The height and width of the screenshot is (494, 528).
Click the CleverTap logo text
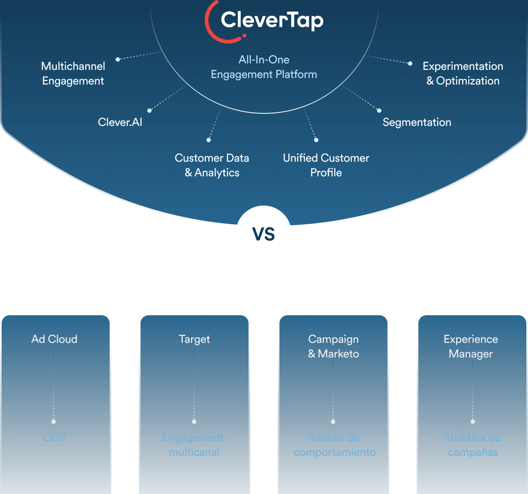[272, 20]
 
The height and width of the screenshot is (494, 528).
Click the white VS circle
[264, 234]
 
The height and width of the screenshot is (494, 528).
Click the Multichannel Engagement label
[73, 74]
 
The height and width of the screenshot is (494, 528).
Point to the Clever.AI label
[120, 122]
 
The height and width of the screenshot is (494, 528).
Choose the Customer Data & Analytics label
[212, 165]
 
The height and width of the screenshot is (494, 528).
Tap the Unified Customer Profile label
[326, 165]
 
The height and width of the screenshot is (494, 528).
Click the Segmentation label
[417, 122]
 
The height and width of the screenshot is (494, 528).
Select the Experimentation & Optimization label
[463, 74]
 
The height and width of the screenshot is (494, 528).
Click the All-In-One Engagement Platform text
[264, 67]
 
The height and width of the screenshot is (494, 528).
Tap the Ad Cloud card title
[54, 339]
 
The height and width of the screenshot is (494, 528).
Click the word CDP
[54, 438]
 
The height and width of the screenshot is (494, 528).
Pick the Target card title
[194, 339]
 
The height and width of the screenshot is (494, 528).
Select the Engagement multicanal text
[193, 445]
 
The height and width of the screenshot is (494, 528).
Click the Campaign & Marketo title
[333, 347]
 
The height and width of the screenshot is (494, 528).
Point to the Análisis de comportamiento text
[334, 445]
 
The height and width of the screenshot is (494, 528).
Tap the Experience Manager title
[471, 347]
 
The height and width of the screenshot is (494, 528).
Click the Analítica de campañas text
[472, 445]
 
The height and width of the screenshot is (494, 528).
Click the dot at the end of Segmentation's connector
[379, 110]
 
